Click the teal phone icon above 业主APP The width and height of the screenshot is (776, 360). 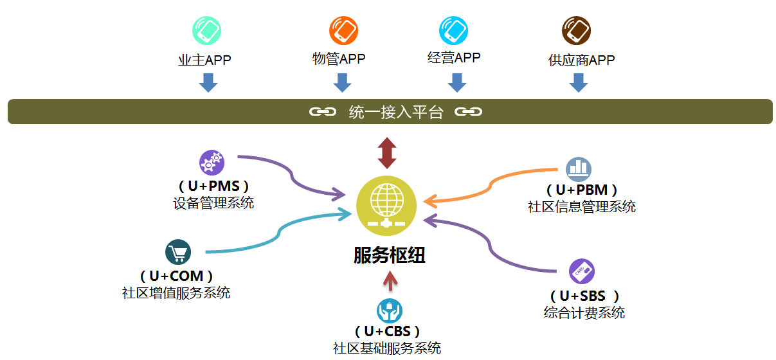pyautogui.click(x=207, y=30)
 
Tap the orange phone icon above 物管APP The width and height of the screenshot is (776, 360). pyautogui.click(x=343, y=30)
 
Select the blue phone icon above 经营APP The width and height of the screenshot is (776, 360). pyautogui.click(x=453, y=30)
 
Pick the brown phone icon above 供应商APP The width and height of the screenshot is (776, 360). pyautogui.click(x=576, y=30)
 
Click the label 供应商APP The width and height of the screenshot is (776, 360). pyautogui.click(x=581, y=60)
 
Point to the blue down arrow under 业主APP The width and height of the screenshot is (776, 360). pyautogui.click(x=208, y=82)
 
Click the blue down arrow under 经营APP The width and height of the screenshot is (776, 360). pyautogui.click(x=456, y=82)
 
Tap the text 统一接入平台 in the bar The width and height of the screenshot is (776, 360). pyautogui.click(x=396, y=113)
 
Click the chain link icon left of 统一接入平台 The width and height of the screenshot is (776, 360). pyautogui.click(x=323, y=112)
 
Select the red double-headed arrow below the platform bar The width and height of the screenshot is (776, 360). pyautogui.click(x=386, y=153)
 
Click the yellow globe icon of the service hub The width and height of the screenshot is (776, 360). pyautogui.click(x=386, y=205)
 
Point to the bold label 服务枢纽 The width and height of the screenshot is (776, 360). pyautogui.click(x=390, y=255)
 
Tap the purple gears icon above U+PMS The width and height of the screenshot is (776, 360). pyautogui.click(x=212, y=163)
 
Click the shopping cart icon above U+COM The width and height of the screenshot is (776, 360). pyautogui.click(x=178, y=252)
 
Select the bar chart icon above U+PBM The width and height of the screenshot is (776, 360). pyautogui.click(x=579, y=169)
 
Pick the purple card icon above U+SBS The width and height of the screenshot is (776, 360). pyautogui.click(x=582, y=272)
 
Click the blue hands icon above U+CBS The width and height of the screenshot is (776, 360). pyautogui.click(x=390, y=310)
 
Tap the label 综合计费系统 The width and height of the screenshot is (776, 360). pyautogui.click(x=584, y=313)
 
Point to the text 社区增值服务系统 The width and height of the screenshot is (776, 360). pyautogui.click(x=176, y=293)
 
